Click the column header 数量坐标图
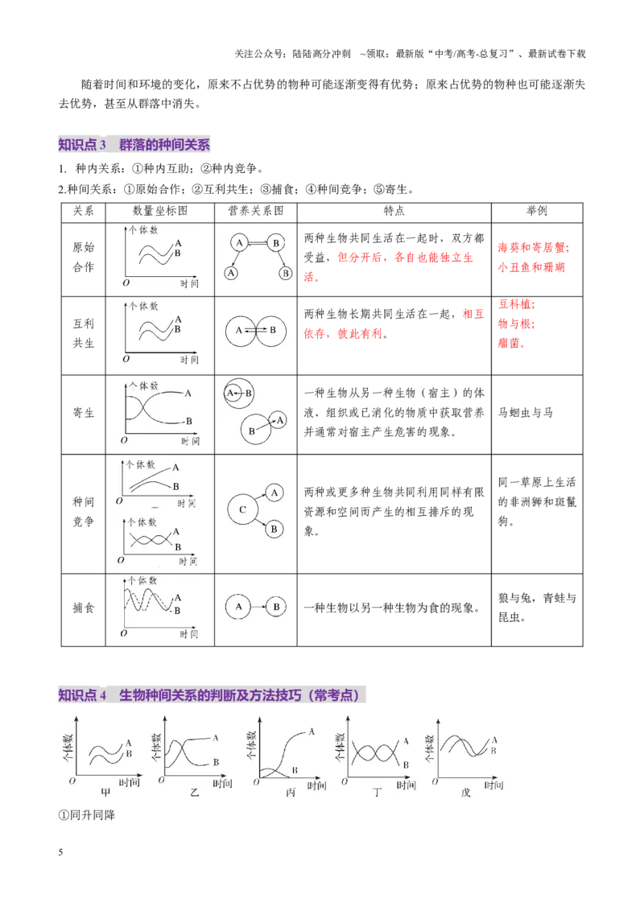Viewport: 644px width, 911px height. coord(160,211)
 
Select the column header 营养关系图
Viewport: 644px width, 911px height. coord(256,211)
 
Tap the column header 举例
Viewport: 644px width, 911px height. coord(536,211)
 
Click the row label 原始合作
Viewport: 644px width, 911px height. coord(83,258)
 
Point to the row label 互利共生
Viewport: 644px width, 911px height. coord(83,333)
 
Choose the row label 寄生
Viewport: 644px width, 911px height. coord(83,413)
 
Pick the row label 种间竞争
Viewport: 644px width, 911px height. coord(83,512)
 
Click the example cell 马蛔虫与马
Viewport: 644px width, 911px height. coord(526,413)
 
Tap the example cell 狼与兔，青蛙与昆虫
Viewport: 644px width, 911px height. coord(537,608)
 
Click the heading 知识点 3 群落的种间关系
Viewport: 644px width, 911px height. coord(134,145)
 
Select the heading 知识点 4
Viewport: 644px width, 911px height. coord(83,695)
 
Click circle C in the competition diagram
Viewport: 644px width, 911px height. coord(243,510)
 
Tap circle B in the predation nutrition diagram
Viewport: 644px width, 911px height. coord(276,607)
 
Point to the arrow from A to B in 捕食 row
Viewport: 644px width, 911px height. coord(258,607)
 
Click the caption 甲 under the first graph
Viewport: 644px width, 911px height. coord(105,792)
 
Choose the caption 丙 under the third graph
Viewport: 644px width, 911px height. coord(291,792)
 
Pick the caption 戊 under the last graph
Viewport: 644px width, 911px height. coord(465,792)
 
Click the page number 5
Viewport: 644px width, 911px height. coord(60,852)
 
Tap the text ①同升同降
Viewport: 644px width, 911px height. coord(87,815)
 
